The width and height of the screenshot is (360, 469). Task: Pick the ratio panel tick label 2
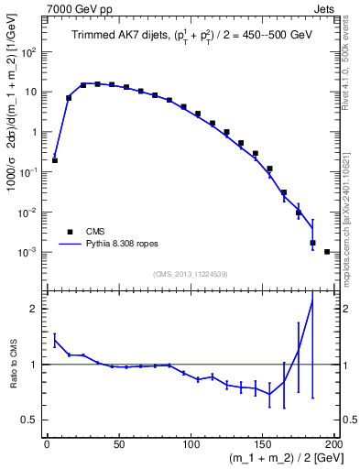coord(34,309)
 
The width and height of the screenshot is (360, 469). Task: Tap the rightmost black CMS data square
coord(327,251)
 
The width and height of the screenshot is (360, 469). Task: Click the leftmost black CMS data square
coord(55,160)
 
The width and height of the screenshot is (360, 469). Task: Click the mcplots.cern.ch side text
coord(350,219)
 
